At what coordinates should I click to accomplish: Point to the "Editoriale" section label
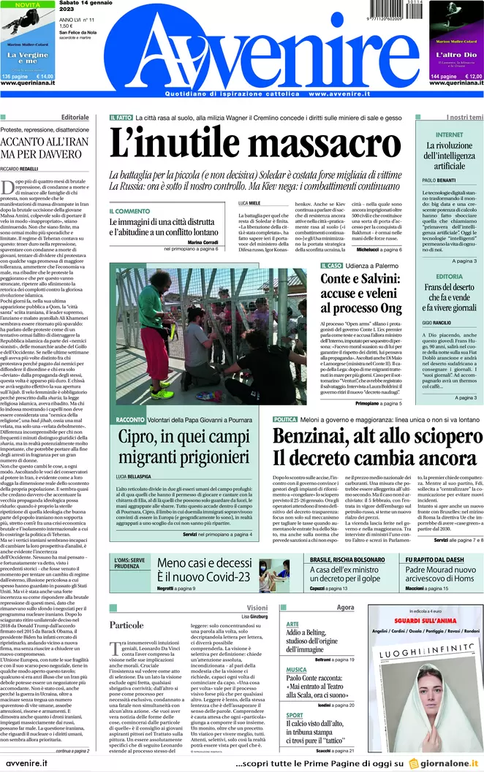click(75, 117)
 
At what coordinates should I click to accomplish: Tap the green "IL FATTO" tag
click(121, 117)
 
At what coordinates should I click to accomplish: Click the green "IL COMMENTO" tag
click(130, 211)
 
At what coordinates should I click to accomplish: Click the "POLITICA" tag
click(285, 419)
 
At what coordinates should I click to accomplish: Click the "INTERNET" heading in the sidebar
click(449, 135)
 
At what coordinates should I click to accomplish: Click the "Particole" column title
click(126, 625)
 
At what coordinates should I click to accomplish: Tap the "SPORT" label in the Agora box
click(294, 715)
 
